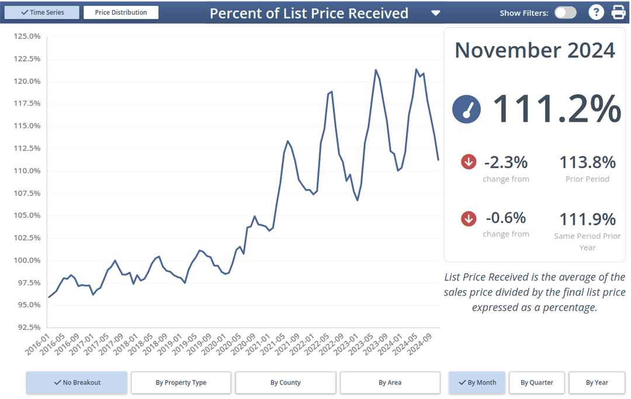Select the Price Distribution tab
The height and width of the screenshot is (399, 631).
click(x=121, y=12)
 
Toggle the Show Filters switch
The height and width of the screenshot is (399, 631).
click(x=565, y=13)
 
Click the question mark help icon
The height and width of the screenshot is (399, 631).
click(x=595, y=12)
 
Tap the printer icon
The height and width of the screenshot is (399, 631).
click(x=618, y=12)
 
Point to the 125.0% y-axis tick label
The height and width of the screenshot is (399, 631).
click(x=26, y=36)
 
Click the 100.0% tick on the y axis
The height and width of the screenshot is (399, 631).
click(x=26, y=260)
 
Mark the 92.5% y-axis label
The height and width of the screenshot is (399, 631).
click(x=27, y=328)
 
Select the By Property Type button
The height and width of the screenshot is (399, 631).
click(x=181, y=383)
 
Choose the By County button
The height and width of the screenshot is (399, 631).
click(x=286, y=383)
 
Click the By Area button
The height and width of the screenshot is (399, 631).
click(x=390, y=383)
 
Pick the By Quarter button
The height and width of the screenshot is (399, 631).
click(x=537, y=383)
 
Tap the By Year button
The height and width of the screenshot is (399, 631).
click(x=597, y=383)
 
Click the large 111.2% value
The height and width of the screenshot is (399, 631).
click(x=557, y=109)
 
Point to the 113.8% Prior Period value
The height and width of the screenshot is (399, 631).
click(x=587, y=162)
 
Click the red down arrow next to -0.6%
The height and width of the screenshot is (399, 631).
click(x=469, y=219)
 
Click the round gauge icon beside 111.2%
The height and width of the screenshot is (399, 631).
click(x=466, y=109)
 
